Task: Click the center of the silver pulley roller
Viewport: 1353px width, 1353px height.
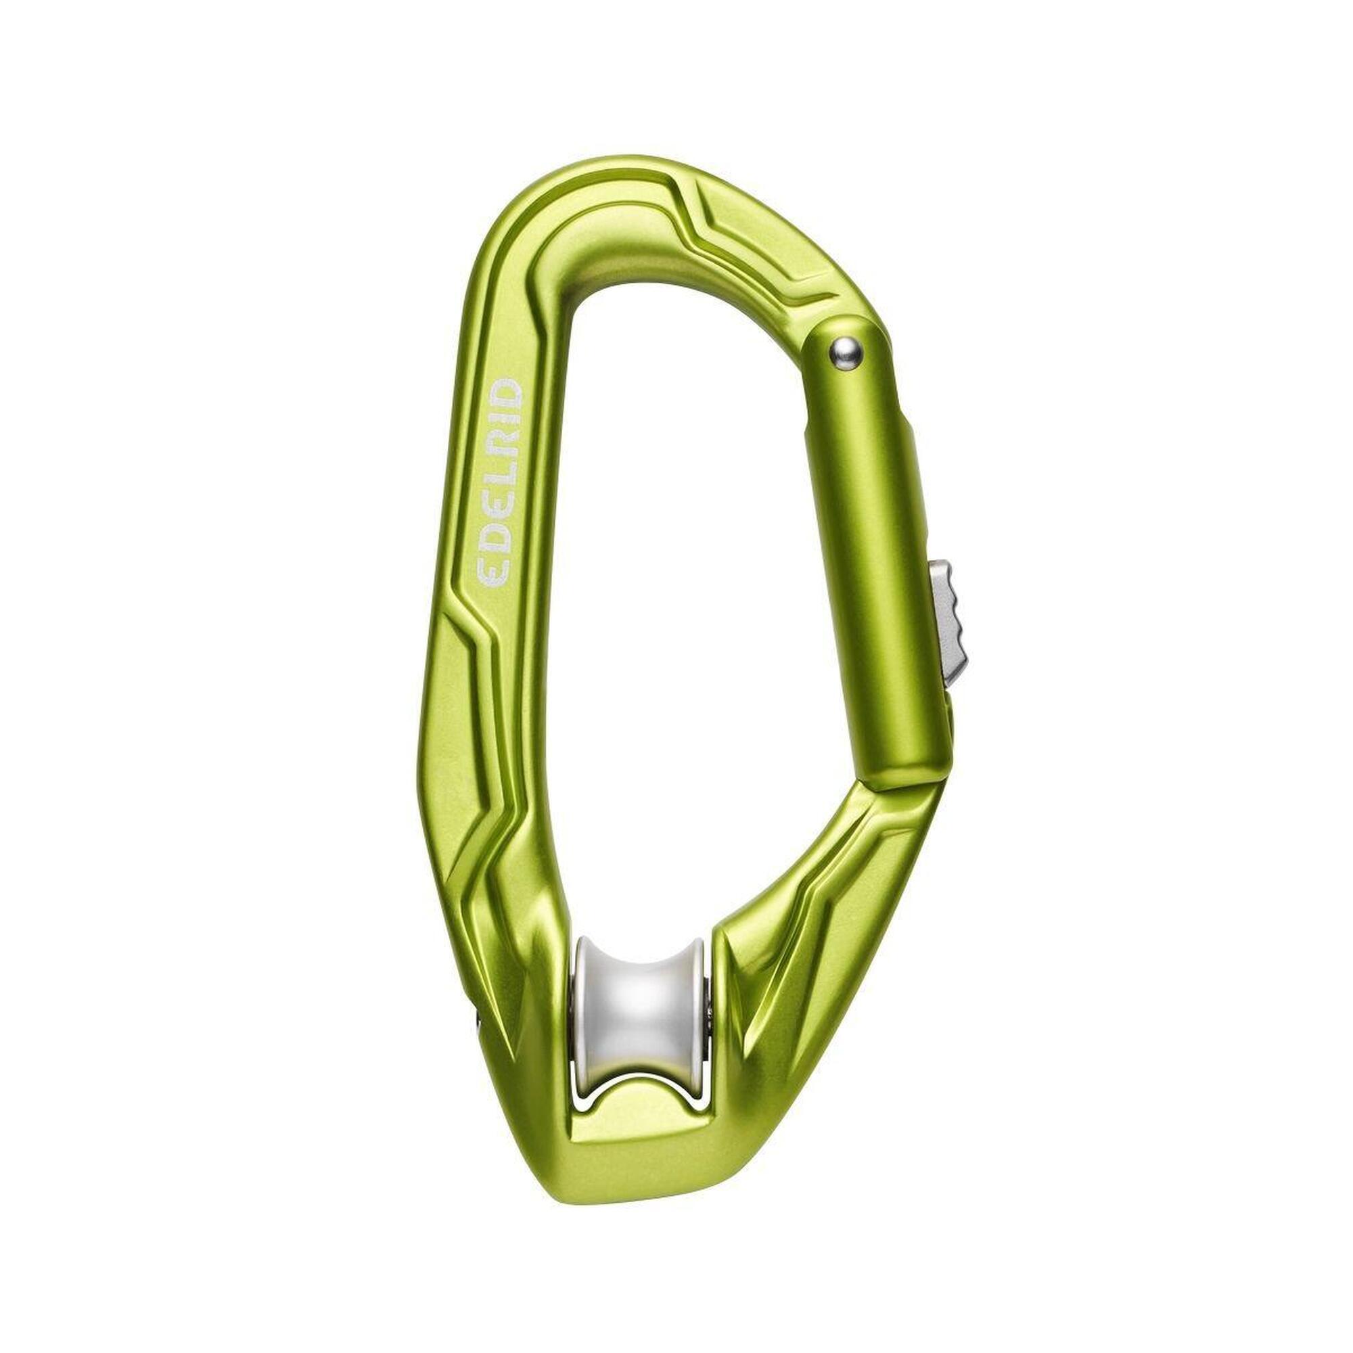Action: pyautogui.click(x=640, y=995)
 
